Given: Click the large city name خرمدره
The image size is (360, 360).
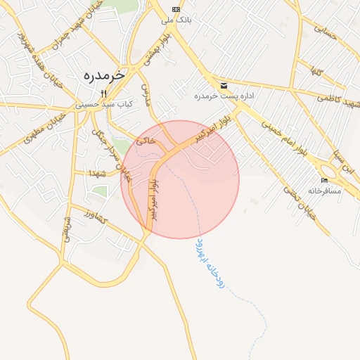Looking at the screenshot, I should coord(103,75).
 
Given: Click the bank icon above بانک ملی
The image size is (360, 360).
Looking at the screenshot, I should coord(175,9).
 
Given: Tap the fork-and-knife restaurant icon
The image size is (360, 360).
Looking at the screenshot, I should coord(103,93).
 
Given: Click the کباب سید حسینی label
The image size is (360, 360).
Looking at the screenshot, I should coord(103,103).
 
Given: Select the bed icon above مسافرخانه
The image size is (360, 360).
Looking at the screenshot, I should coord(324,181).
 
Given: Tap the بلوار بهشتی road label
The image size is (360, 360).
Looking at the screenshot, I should coord(156,50).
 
